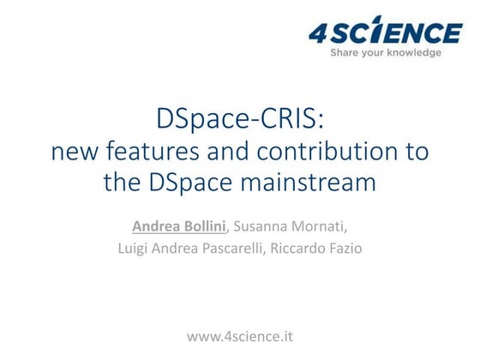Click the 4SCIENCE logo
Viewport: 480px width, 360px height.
click(x=386, y=33)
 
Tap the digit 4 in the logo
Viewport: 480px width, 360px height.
click(x=319, y=33)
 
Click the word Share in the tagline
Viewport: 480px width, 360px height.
click(x=346, y=52)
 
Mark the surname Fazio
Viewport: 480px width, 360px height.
click(x=368, y=249)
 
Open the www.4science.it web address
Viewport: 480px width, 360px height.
click(x=240, y=335)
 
